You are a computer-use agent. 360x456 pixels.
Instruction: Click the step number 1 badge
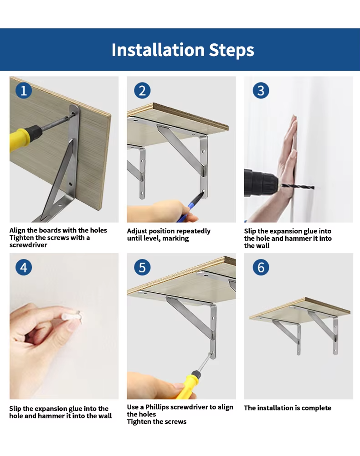24,90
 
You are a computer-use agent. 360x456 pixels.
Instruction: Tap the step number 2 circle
142,90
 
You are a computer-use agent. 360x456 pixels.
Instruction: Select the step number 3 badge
261,90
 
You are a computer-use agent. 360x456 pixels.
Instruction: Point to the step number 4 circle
24,267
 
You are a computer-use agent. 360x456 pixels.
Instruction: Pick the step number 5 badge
142,267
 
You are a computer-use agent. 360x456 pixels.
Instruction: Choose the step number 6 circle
261,267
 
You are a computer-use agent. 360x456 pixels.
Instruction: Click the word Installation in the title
158,50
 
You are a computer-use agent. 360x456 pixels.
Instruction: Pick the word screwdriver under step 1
28,245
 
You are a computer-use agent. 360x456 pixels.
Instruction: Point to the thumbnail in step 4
72,324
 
